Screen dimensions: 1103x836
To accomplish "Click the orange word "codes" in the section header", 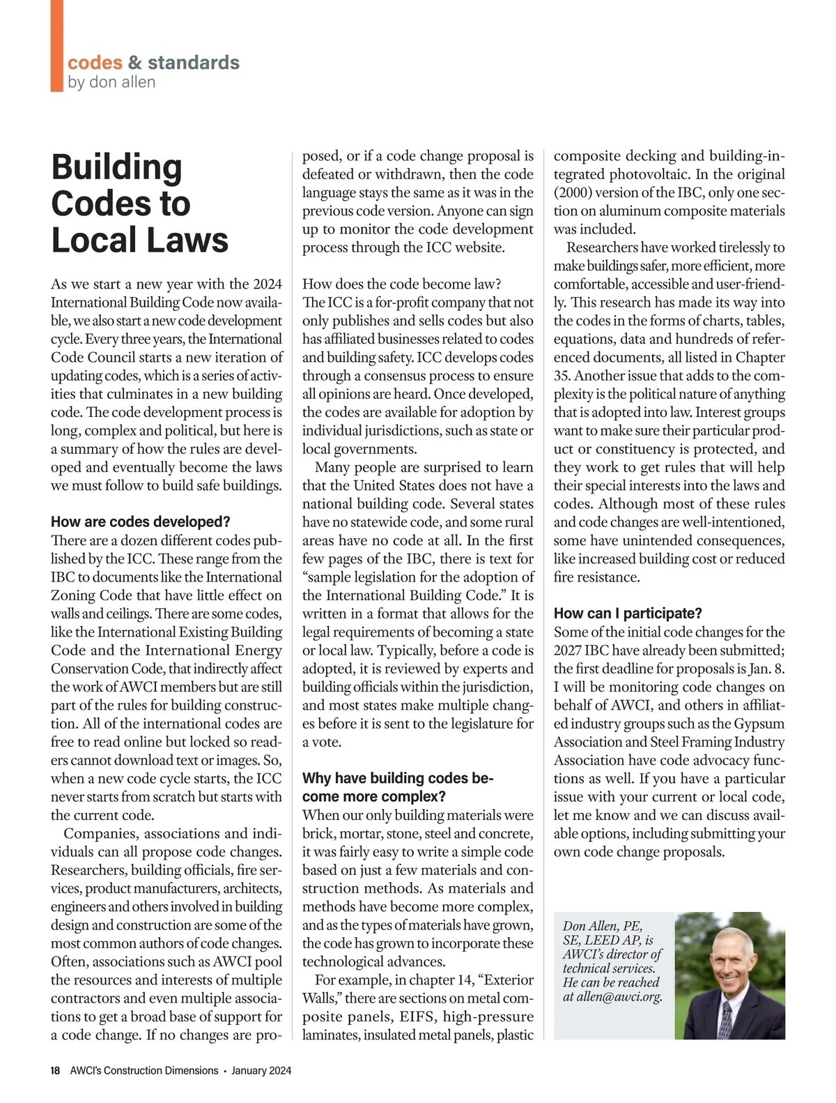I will pos(95,63).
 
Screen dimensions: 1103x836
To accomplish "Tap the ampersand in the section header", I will pos(135,63).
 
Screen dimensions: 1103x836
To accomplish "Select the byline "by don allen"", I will pos(111,82).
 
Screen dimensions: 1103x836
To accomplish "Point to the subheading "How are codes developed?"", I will pos(140,522).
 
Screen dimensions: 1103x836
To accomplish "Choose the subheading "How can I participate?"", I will pos(628,614).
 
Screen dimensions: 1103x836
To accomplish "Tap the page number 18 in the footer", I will pos(56,1070).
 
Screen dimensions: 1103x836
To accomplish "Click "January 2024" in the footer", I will pos(261,1070).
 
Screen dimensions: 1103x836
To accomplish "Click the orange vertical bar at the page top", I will pos(56,45).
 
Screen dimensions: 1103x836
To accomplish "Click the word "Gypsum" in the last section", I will pos(759,723).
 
